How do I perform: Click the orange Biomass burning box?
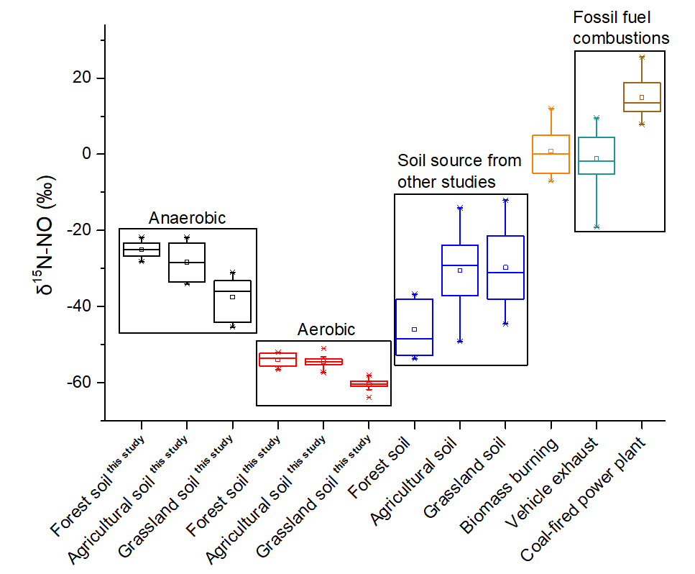coord(551,154)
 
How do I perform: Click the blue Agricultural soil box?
coord(460,270)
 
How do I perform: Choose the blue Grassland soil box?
coord(505,267)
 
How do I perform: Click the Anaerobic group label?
coord(187,218)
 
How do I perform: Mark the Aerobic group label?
coord(326,329)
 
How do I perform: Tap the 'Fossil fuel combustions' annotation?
coord(621,28)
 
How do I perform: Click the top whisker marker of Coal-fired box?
coord(642,57)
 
